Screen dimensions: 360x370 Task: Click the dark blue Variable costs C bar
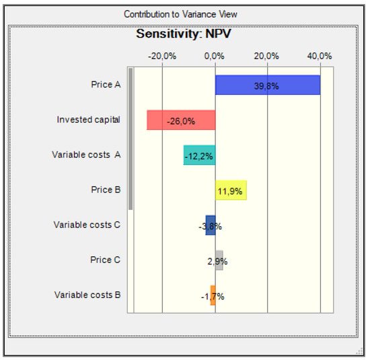(x=211, y=225)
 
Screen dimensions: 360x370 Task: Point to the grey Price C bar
(x=219, y=260)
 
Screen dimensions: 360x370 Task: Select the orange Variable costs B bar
(x=213, y=295)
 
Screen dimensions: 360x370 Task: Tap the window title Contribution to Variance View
(x=180, y=14)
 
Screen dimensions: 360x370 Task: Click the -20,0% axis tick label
(x=161, y=56)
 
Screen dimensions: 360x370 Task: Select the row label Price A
(x=106, y=85)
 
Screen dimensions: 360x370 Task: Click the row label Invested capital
(x=89, y=120)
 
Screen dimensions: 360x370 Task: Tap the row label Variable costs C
(x=87, y=225)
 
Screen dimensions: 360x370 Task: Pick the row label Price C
(x=106, y=260)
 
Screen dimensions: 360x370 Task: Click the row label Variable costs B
(x=87, y=295)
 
